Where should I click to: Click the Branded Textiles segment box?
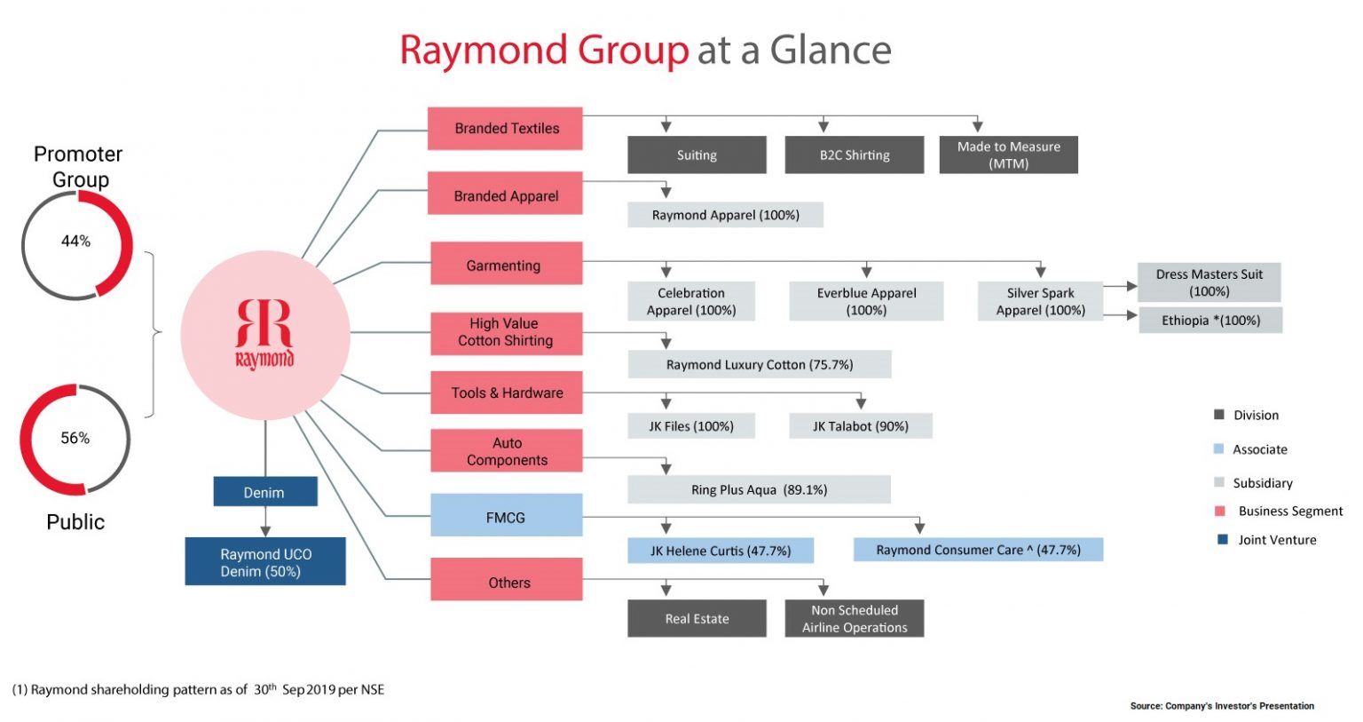pos(505,129)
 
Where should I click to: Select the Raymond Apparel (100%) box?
pos(725,215)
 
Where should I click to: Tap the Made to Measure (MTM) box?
pos(1008,155)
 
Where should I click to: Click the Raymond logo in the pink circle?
pos(264,334)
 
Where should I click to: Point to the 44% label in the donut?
pos(75,241)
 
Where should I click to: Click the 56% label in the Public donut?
pos(75,438)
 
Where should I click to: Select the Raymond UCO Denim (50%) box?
pos(264,562)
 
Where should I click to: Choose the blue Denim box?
pos(264,492)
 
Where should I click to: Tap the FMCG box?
pos(506,516)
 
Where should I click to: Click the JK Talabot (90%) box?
pos(860,426)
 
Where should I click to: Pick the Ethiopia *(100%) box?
pos(1210,321)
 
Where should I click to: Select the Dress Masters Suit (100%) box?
pos(1209,282)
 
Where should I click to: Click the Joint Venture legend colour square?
pos(1222,539)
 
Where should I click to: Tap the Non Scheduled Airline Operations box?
pos(854,618)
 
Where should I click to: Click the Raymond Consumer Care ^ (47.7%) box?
pos(978,550)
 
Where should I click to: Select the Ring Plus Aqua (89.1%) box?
pos(759,489)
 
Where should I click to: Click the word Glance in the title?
pos(830,51)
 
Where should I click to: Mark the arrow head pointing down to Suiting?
pos(666,127)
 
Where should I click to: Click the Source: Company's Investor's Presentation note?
pos(1222,706)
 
